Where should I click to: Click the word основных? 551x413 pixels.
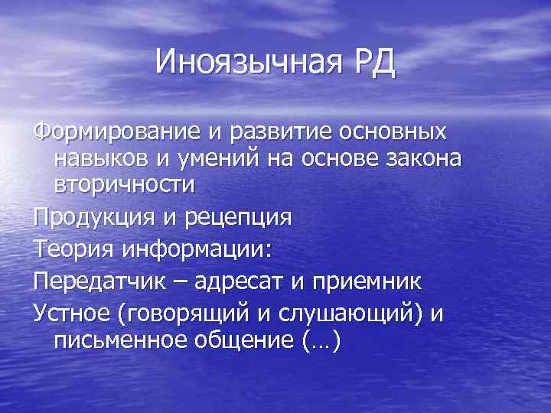393,132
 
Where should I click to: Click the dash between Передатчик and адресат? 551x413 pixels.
181,281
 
